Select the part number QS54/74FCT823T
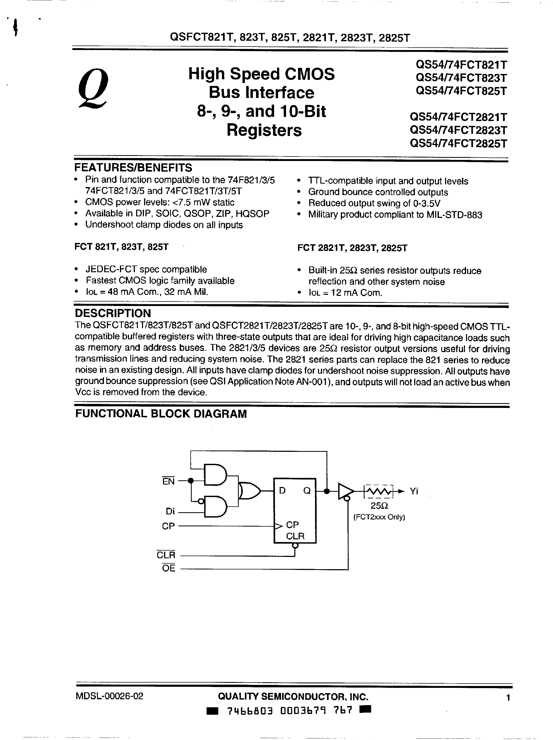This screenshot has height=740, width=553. pos(461,78)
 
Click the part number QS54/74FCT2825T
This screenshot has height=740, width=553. pos(458,143)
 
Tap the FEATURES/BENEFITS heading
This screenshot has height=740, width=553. pos(133,167)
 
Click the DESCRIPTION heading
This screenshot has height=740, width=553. pos(113,313)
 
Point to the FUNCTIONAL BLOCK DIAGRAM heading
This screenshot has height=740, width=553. pos(161,414)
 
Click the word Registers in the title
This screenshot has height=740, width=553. pos(264,130)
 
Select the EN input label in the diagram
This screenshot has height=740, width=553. pos(169,481)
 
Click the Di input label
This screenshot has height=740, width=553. pos(170,511)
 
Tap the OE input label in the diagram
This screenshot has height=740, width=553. pos(169,568)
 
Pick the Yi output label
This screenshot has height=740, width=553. pos(414,491)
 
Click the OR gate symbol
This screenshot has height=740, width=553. pos(249,491)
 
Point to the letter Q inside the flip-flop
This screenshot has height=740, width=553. pos(307,491)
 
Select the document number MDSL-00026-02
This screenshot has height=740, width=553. pos(109,696)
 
